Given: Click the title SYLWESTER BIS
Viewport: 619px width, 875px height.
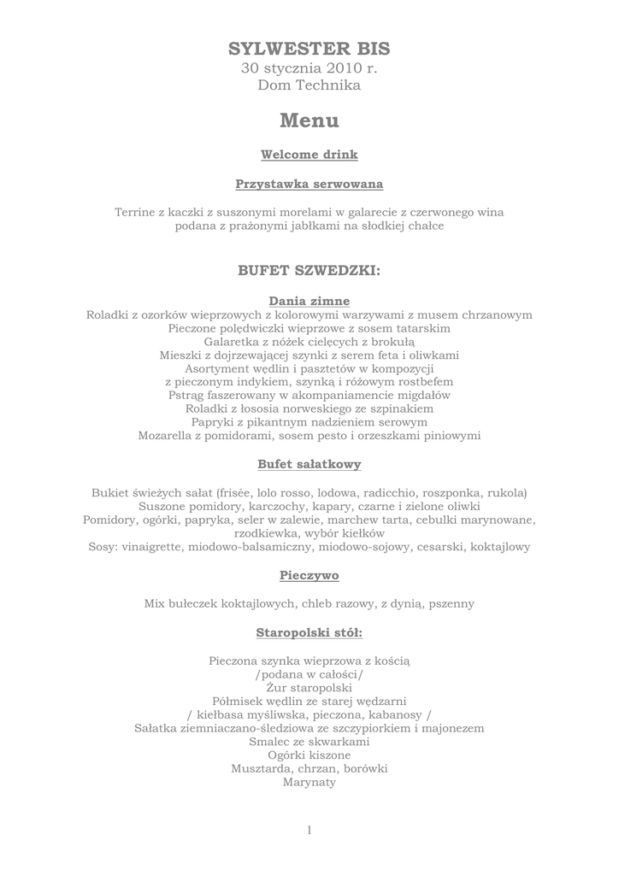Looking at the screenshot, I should point(309,49).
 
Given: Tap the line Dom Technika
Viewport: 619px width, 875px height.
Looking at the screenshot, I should point(309,85).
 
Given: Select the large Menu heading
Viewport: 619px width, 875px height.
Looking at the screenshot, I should point(309,121).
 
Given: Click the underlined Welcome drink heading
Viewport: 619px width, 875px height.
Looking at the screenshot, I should point(309,155).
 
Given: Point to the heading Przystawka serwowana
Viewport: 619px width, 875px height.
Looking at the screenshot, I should point(309,184).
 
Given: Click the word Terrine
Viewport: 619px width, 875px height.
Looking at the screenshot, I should point(135,212).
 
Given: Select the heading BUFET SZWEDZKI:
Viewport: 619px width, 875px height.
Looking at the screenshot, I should point(309,271).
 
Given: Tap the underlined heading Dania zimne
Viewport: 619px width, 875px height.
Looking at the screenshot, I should point(309,301).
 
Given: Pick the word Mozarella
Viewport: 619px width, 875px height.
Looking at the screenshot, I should point(168,436).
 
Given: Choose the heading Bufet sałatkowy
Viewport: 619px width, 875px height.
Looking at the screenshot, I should point(309,464).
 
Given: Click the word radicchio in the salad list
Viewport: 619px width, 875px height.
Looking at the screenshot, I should point(389,493).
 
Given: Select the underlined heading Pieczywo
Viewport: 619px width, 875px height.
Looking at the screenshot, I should point(309,575).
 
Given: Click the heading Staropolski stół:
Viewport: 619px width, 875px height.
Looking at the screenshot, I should point(309,632).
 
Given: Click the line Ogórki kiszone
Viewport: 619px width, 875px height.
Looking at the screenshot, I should point(309,755).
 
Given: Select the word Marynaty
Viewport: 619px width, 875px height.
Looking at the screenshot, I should point(309,782).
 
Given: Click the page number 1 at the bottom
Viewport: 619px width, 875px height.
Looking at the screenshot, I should point(309,831).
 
